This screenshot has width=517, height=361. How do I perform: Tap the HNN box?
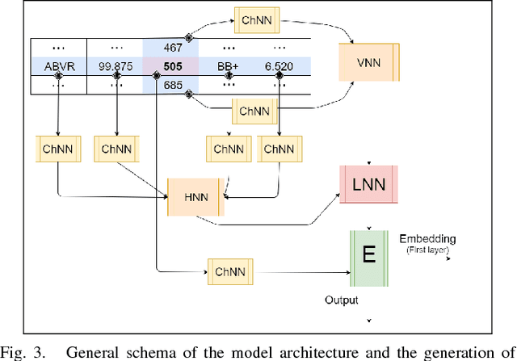coord(195,196)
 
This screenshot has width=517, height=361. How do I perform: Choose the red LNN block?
coord(369,185)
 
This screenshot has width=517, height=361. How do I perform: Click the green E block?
coord(369,257)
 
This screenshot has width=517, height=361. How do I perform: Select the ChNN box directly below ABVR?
coord(58,149)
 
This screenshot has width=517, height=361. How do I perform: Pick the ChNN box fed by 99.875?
coord(116,149)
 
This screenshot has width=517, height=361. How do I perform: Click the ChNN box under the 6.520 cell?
coord(279,149)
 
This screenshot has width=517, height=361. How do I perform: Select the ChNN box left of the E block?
coord(229,270)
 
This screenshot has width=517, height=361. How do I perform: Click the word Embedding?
coord(427,239)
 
